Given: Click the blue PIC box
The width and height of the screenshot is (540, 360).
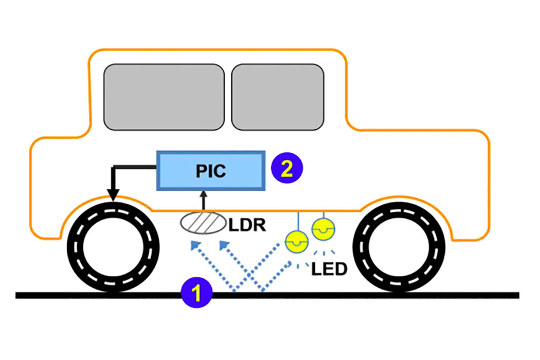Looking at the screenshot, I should pyautogui.click(x=211, y=170).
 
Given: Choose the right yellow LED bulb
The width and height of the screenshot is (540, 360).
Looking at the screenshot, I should pyautogui.click(x=323, y=227).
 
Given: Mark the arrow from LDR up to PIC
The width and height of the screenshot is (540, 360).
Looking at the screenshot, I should pyautogui.click(x=204, y=201).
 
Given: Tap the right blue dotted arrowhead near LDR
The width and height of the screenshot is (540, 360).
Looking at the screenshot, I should pyautogui.click(x=224, y=246).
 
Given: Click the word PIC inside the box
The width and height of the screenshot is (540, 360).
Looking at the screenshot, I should pyautogui.click(x=211, y=170).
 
